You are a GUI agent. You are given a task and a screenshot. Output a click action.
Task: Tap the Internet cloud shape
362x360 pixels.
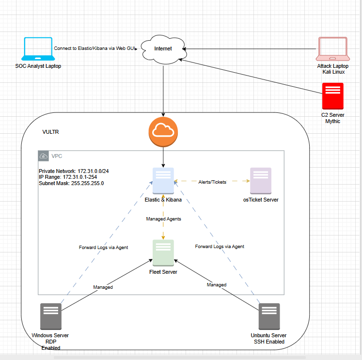(163, 49)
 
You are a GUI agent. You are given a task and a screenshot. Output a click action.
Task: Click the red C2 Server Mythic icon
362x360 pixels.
(333, 96)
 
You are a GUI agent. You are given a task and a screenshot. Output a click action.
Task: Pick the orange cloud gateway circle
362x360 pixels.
(163, 131)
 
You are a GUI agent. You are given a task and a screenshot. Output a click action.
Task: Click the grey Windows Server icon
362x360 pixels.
(50, 317)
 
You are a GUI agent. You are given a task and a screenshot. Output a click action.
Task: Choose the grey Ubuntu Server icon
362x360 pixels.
(269, 317)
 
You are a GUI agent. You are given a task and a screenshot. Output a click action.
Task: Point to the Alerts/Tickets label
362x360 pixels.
(212, 182)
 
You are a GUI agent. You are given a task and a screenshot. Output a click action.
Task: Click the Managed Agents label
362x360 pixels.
(163, 219)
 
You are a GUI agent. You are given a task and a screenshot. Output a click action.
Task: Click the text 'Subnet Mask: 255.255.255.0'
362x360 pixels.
(71, 184)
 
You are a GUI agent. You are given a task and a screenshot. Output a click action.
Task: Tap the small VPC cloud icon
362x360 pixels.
(44, 156)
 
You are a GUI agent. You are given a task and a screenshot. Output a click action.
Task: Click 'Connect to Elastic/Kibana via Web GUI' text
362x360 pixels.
(95, 48)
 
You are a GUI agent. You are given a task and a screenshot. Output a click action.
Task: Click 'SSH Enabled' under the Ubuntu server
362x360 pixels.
(269, 342)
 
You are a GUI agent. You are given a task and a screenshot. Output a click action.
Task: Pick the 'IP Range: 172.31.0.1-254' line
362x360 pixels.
(68, 178)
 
